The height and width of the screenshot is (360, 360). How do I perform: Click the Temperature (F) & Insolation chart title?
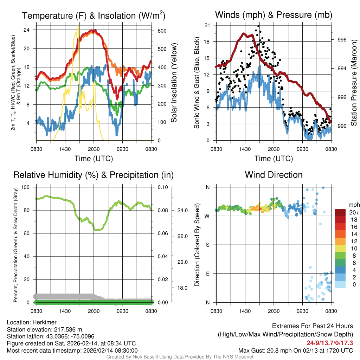(x=94, y=15)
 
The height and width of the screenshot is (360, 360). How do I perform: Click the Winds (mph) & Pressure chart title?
(x=274, y=15)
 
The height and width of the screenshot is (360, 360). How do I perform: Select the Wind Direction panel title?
(x=274, y=175)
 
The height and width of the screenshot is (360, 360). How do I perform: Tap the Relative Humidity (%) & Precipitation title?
(x=94, y=175)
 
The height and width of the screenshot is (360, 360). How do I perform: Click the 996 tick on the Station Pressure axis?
(x=342, y=40)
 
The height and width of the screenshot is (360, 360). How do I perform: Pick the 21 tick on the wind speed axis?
(x=207, y=25)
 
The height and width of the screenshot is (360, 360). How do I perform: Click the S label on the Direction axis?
(x=207, y=245)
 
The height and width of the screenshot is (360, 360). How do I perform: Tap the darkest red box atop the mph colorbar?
(x=340, y=212)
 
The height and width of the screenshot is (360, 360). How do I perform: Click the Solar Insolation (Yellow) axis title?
(x=174, y=83)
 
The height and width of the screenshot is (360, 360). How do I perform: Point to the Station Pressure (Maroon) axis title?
(x=354, y=83)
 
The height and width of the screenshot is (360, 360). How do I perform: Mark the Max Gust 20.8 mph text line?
(x=296, y=351)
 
